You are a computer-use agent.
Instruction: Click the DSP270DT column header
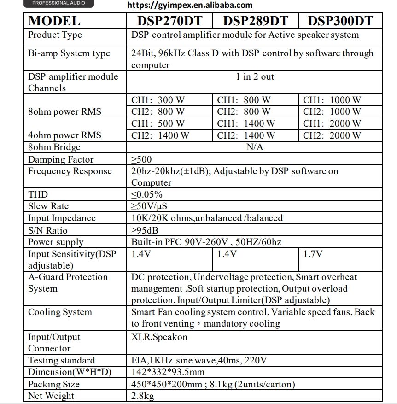169,21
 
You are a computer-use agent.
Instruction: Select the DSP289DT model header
256,21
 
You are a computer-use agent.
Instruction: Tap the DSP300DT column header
340,21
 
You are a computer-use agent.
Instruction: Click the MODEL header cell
54,21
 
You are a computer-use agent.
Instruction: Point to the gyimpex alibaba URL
190,5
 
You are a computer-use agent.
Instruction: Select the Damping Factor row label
61,159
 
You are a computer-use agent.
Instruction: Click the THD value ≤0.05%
147,194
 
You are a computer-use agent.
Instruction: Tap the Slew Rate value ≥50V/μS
149,206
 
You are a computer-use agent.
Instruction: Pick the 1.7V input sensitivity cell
313,254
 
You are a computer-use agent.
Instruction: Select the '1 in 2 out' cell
255,76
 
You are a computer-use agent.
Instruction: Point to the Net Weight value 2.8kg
142,396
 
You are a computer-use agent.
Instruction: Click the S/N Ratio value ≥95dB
145,230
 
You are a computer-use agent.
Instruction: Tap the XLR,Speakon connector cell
159,337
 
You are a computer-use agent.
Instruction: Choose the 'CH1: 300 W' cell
158,100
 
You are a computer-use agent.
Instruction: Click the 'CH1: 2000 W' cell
332,123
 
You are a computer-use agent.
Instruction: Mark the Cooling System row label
60,312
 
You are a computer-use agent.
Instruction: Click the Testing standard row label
61,360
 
